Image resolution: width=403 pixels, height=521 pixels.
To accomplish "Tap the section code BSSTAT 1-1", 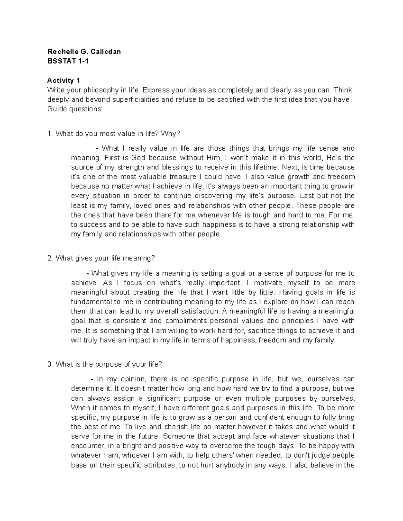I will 68,61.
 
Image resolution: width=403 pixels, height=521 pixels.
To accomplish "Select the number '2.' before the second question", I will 50,258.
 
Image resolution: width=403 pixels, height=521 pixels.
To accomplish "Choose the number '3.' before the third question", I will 50,364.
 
